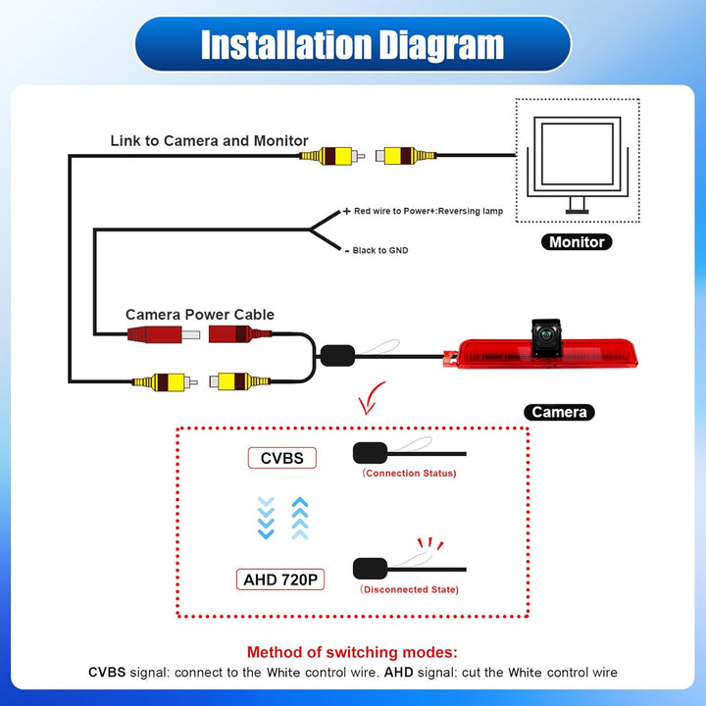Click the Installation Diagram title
pyautogui.click(x=353, y=44)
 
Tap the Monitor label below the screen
pyautogui.click(x=577, y=242)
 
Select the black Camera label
pyautogui.click(x=559, y=412)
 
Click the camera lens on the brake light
pyautogui.click(x=546, y=335)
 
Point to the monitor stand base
pyautogui.click(x=577, y=211)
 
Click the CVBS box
pyautogui.click(x=282, y=458)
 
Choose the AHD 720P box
pyautogui.click(x=280, y=580)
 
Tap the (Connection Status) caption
pyautogui.click(x=409, y=474)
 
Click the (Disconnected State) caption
pyautogui.click(x=409, y=589)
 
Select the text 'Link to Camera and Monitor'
pyautogui.click(x=210, y=140)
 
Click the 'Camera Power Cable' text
pyautogui.click(x=200, y=315)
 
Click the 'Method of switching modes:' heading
pyautogui.click(x=352, y=652)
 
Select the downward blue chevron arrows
pyautogui.click(x=266, y=518)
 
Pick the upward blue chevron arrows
pyautogui.click(x=300, y=518)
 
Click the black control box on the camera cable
pyautogui.click(x=337, y=356)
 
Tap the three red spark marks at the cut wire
pyautogui.click(x=430, y=543)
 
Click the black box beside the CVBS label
pyautogui.click(x=371, y=453)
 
